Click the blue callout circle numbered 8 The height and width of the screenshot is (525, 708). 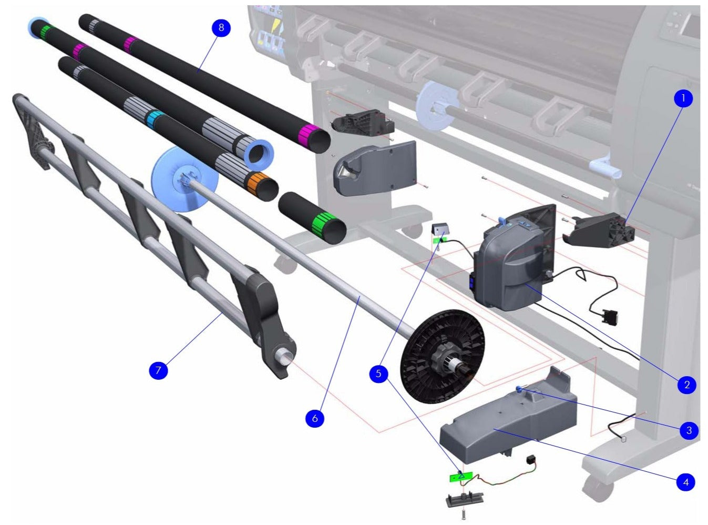pyautogui.click(x=221, y=28)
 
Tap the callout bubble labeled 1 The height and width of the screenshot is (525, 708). pyautogui.click(x=683, y=98)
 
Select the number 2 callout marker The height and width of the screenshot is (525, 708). pyautogui.click(x=686, y=385)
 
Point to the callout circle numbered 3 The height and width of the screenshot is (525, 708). pyautogui.click(x=689, y=430)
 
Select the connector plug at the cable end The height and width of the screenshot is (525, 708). pyautogui.click(x=610, y=318)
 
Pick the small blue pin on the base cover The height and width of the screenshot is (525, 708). pyautogui.click(x=520, y=389)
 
